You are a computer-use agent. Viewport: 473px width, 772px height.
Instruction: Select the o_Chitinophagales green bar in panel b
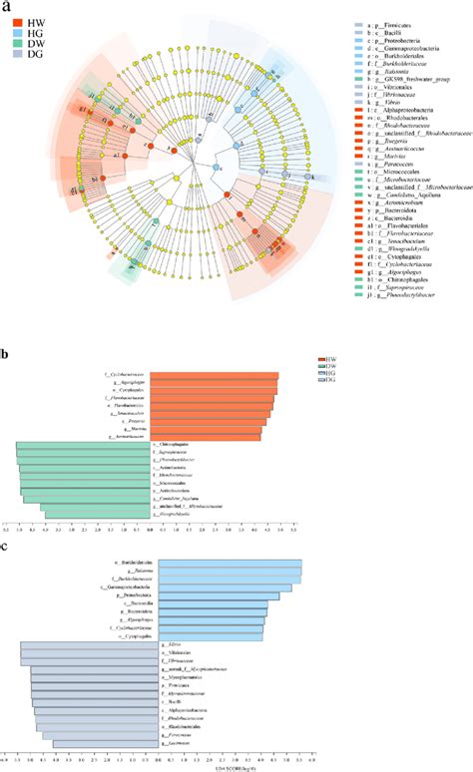84,444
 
